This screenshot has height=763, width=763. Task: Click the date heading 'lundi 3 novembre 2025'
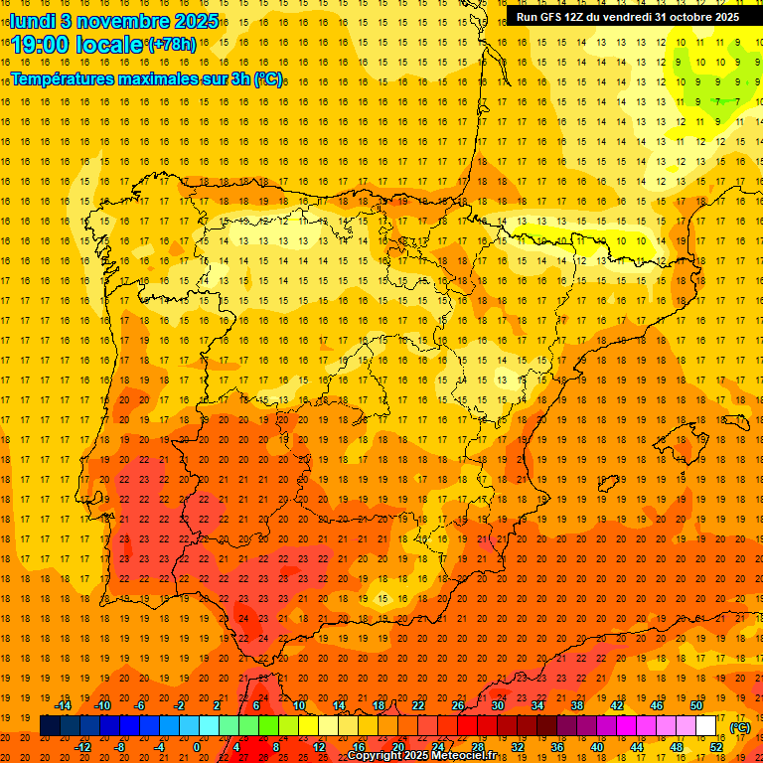pos(115,20)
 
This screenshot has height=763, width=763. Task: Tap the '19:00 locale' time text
pos(77,45)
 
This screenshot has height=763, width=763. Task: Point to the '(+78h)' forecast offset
pos(172,45)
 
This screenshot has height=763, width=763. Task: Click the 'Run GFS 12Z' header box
pos(627,17)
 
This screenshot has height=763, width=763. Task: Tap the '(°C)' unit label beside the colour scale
pos(740,727)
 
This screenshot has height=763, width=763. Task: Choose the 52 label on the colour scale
pos(716,746)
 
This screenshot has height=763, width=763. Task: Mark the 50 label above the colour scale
pos(696,705)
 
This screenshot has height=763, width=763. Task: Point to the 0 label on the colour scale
pos(197,746)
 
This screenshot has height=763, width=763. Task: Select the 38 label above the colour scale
pos(577,705)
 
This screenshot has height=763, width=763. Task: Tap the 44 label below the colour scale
pos(637,746)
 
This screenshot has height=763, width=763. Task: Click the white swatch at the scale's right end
pos(706,726)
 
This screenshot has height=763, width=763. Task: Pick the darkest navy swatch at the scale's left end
pos(50,726)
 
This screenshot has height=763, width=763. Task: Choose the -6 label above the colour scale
pos(141,705)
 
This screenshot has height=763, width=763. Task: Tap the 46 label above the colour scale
pos(657,705)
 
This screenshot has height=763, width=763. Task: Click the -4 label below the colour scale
pos(160,746)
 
